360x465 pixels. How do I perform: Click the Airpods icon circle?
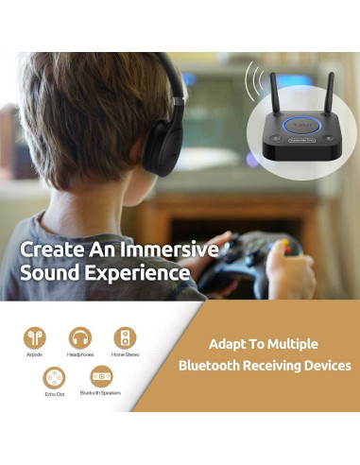tap(35, 337)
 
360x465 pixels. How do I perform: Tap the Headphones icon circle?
tap(80, 337)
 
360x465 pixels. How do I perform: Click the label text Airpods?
tap(35, 356)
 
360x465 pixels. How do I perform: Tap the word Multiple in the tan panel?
tap(288, 343)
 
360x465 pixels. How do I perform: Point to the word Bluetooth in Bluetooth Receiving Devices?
tap(212, 365)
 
